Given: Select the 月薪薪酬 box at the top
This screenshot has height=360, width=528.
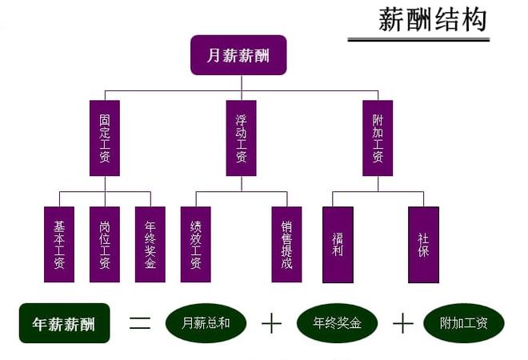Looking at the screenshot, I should click(238, 55).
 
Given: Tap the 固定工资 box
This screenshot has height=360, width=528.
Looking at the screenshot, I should click(104, 138).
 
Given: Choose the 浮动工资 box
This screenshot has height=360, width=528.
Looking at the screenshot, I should click(241, 138).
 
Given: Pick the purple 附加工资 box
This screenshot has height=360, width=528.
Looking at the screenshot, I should click(378, 138).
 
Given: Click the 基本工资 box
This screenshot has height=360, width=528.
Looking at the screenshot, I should click(59, 245).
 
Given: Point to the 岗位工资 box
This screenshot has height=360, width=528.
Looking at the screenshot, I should click(104, 245).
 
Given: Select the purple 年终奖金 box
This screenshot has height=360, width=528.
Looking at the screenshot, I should click(150, 245).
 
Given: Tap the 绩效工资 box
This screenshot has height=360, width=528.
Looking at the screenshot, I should click(196, 245).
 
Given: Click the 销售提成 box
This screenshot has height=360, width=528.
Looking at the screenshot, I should click(286, 245).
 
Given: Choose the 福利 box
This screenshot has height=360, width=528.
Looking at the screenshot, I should click(337, 245).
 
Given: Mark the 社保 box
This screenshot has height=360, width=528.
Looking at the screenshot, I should click(423, 245).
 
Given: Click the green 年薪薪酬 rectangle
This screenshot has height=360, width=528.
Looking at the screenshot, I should click(63, 324).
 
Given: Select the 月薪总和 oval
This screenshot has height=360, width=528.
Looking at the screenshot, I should click(206, 323).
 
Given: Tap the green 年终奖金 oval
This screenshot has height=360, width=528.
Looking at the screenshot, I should click(338, 323).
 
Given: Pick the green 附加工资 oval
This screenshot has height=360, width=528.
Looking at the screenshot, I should click(463, 323).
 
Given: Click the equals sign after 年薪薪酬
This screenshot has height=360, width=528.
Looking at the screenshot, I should click(140, 323).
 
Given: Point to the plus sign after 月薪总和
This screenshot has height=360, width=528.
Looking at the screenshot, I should click(272, 323).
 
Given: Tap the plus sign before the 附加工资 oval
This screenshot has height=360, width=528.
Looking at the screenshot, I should click(402, 323).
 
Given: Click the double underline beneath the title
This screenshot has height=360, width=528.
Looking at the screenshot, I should click(418, 38).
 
